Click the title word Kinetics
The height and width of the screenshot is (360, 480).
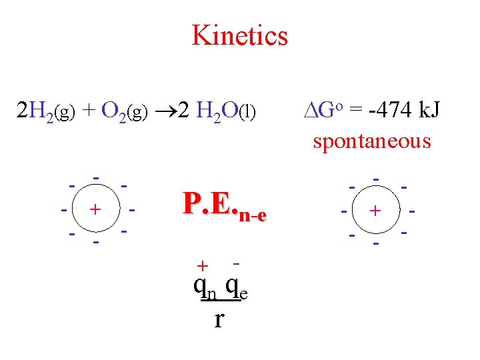click(239, 35)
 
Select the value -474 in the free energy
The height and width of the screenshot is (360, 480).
click(382, 111)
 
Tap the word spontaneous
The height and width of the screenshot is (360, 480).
click(372, 141)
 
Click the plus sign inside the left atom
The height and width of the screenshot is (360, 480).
click(95, 209)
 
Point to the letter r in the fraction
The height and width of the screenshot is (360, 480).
click(219, 319)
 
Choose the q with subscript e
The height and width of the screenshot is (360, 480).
click(235, 287)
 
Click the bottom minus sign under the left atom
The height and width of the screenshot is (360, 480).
click(97, 242)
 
